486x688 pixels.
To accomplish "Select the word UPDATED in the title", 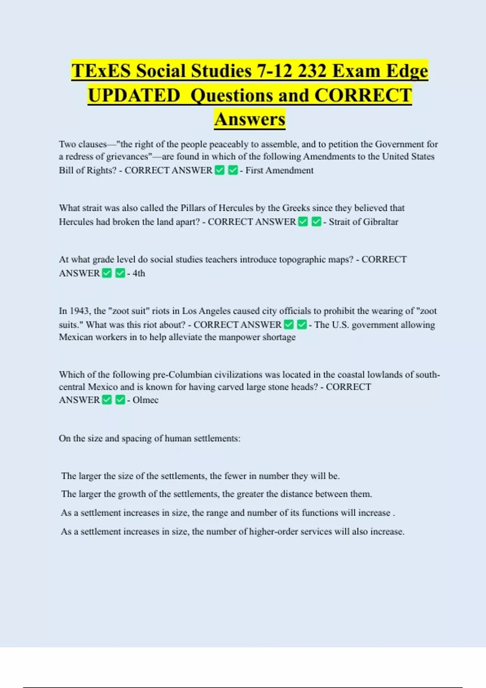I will coord(134,96).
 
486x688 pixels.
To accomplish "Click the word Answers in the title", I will coord(250,119).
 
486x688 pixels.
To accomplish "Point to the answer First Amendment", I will coord(279,170).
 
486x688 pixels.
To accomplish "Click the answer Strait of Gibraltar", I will coord(363,222).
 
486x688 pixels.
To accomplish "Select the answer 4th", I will coord(139,273).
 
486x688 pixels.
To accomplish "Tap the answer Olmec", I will coord(145,400).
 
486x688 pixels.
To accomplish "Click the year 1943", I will coord(79,311).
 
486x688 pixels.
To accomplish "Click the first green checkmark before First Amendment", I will coord(220,170).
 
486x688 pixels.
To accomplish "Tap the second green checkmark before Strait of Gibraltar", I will coord(316,222).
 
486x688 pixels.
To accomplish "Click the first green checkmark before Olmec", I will coord(107,400).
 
